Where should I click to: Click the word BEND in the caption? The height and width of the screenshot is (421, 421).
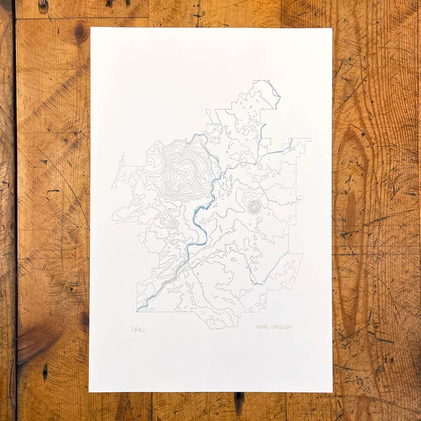coord(263,327)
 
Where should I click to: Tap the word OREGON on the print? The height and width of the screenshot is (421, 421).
coord(280,327)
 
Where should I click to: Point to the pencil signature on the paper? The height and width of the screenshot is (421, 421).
coord(138,329)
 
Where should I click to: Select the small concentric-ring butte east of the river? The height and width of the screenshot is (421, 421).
coord(254,207)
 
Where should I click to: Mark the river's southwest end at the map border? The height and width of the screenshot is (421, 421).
coord(138,310)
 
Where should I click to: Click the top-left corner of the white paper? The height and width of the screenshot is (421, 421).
coord(91,27)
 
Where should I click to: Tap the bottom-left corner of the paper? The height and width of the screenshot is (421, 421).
coord(89,391)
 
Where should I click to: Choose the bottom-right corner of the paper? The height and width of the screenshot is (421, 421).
coord(332,392)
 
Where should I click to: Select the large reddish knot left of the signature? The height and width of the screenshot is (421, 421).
coord(35,342)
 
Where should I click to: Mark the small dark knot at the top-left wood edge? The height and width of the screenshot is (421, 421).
coord(43,5)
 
